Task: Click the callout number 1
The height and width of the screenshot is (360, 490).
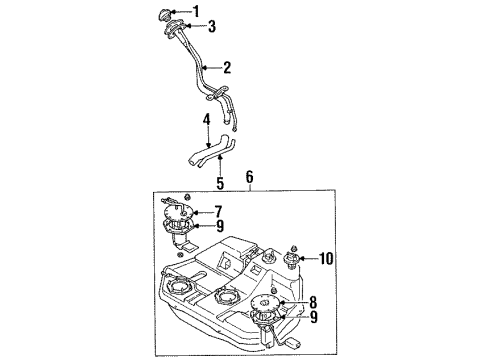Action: click(225, 11)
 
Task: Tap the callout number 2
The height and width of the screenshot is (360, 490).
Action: click(227, 68)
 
